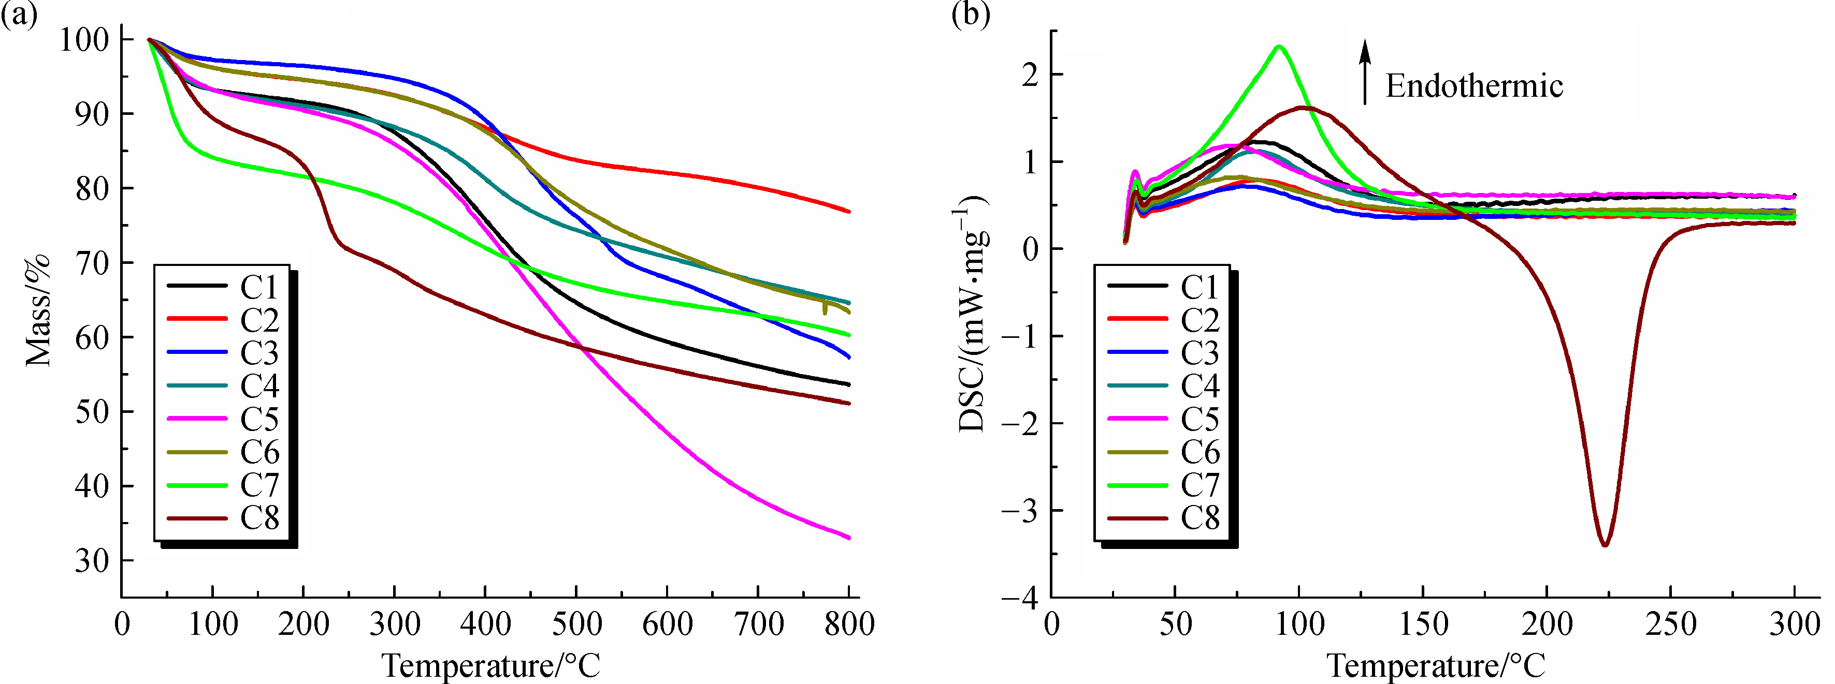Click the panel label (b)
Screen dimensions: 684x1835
970,14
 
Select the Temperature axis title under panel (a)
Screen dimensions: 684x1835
492,665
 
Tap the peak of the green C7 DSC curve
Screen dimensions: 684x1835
1279,47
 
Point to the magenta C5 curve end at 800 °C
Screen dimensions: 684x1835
848,538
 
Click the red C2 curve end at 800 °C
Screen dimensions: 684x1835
848,212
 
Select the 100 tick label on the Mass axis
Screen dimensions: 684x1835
84,40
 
